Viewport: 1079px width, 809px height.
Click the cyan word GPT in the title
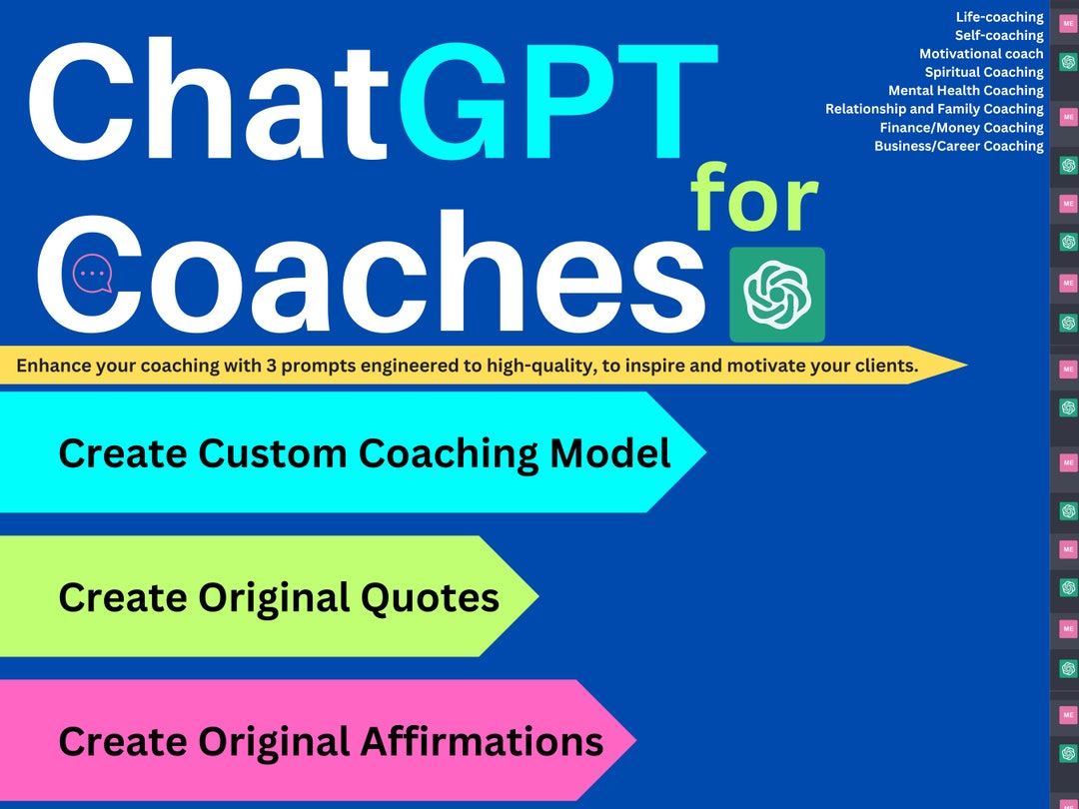(557, 98)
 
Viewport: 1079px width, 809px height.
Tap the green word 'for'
(754, 200)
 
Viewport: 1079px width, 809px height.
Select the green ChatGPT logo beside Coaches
(777, 295)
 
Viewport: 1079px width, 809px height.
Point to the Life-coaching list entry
(999, 17)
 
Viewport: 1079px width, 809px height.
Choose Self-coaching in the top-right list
(999, 35)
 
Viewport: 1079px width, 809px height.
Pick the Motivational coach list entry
(981, 54)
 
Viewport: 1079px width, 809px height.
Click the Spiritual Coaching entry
(984, 72)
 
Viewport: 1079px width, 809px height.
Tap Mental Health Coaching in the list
(966, 91)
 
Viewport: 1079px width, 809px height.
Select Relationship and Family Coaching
(934, 109)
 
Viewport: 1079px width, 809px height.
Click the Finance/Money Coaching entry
(961, 128)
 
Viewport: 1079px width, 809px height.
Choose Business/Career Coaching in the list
(958, 146)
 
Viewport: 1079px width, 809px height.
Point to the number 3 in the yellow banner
(271, 366)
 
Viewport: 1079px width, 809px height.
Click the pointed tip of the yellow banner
(963, 366)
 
